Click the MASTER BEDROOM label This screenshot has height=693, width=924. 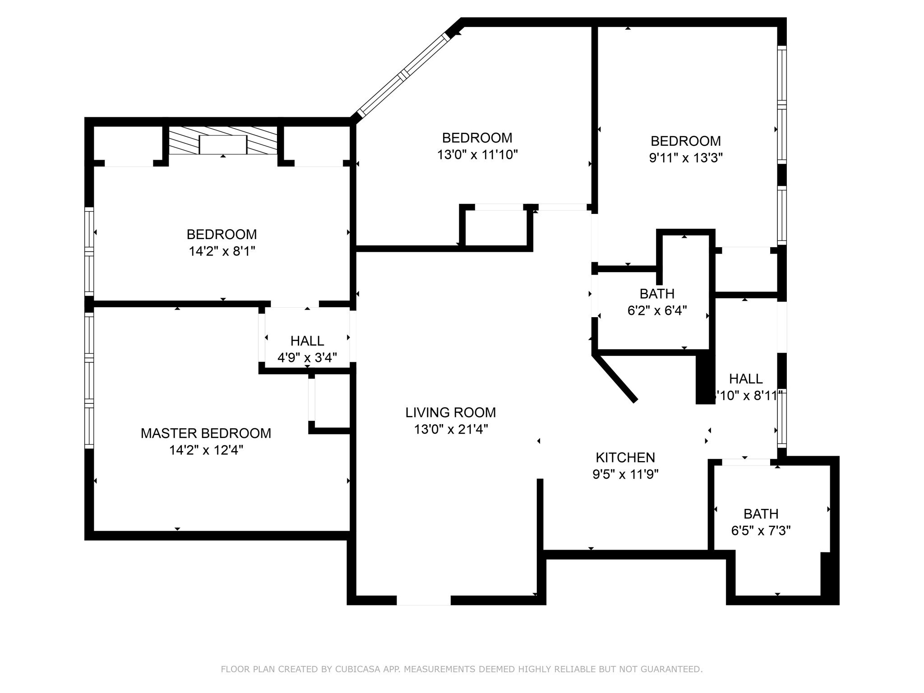click(206, 433)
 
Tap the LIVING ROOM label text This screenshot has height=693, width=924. click(450, 412)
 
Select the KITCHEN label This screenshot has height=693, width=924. click(625, 457)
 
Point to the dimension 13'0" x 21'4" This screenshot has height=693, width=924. click(451, 429)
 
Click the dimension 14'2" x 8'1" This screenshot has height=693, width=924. click(222, 251)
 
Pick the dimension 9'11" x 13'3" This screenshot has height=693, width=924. click(685, 158)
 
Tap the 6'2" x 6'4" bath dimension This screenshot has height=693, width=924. click(657, 310)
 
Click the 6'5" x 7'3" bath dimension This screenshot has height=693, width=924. click(761, 531)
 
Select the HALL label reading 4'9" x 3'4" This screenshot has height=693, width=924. click(307, 341)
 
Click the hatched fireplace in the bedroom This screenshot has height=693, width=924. click(223, 140)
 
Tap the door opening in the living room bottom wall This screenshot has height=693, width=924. click(423, 600)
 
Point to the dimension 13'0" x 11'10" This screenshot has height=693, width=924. click(477, 155)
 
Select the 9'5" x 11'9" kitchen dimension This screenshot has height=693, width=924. click(625, 474)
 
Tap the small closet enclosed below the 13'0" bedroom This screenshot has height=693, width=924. click(495, 228)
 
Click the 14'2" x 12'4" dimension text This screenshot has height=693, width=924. click(206, 450)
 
